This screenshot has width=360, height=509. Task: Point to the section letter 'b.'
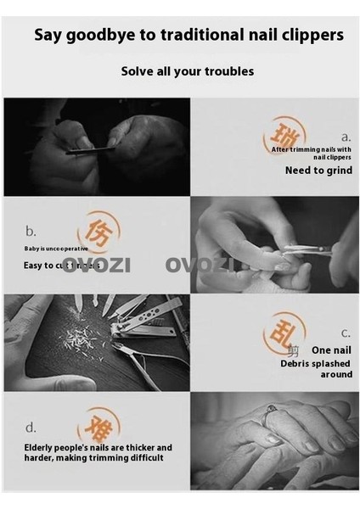pos(30,230)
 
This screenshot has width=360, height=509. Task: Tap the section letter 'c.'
pos(346,333)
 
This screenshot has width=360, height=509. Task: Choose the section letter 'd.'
pos(30,427)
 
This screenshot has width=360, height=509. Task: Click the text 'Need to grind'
pos(318,170)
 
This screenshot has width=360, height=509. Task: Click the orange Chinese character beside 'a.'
pos(284,136)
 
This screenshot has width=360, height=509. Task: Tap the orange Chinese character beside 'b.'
pos(98,231)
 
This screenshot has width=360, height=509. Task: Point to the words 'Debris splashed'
pos(316,362)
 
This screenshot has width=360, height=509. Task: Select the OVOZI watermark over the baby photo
pos(207,264)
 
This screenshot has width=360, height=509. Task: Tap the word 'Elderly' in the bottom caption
pos(45,447)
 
